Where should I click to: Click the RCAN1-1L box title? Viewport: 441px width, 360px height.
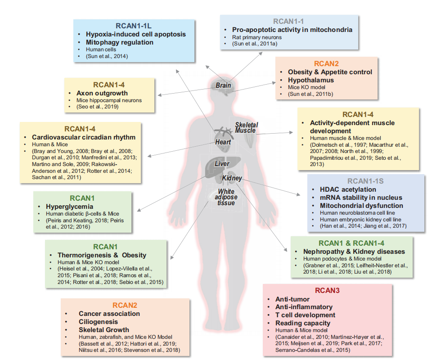point(134,25)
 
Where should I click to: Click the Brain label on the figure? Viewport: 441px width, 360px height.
point(223,85)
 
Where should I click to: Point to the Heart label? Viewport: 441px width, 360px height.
point(223,142)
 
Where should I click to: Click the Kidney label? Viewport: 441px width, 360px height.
point(232,178)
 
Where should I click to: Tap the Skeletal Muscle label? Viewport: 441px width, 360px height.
point(245,127)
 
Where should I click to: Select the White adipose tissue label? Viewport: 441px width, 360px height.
point(224,197)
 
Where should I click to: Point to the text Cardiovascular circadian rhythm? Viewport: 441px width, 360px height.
point(84,137)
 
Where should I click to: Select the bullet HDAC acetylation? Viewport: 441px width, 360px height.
point(348,189)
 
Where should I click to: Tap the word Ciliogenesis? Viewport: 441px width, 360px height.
point(98,322)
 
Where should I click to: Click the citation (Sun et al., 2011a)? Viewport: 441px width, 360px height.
point(255,44)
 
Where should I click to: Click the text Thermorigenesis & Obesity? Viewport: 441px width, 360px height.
point(102,255)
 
